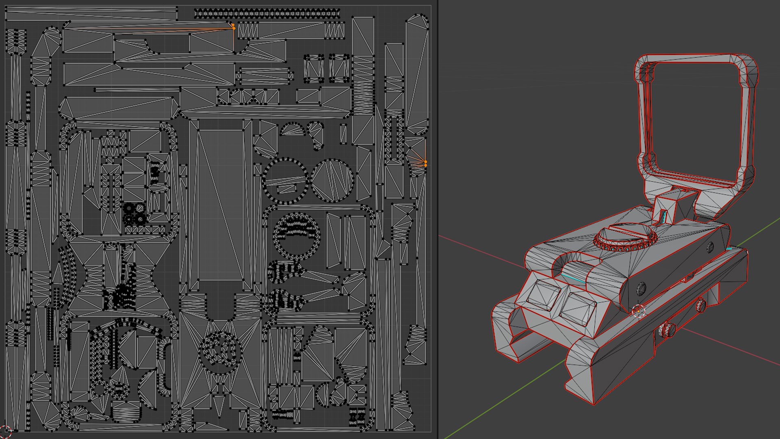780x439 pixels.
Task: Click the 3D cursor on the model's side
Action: coord(638,311)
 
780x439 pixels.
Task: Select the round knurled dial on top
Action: coord(625,237)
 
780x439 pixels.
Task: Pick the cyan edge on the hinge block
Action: coord(663,217)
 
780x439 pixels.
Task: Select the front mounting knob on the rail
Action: coord(666,329)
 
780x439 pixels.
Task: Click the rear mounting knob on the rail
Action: coord(701,305)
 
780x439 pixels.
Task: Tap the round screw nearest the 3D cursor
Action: coord(641,288)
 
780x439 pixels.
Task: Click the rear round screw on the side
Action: coord(710,246)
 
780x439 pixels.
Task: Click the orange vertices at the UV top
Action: coord(233,26)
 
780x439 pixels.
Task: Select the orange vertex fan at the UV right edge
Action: coord(425,163)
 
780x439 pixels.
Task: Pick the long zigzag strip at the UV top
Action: coord(266,14)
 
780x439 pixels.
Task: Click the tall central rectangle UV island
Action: coord(220,203)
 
